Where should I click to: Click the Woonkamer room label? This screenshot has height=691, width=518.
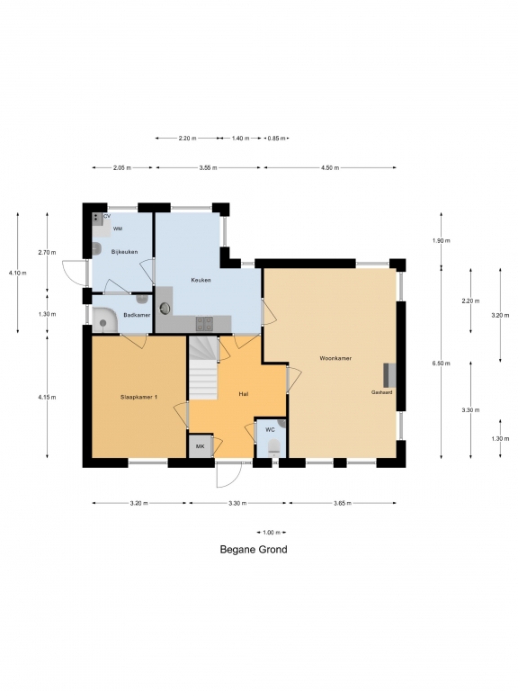point(335,358)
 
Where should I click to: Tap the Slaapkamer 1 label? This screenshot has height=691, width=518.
point(138,397)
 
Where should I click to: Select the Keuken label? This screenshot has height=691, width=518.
point(201,280)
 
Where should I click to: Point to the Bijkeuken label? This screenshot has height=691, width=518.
point(124,252)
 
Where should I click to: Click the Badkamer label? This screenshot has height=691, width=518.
point(137,315)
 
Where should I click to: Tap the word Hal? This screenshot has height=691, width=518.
point(243,393)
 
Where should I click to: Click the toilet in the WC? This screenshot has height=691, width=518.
point(274,447)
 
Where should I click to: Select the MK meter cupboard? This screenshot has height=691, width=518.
point(200,446)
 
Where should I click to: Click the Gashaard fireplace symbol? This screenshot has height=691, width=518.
point(389,375)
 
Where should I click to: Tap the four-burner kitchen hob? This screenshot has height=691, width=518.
point(204,324)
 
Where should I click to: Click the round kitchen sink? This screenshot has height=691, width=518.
point(165,308)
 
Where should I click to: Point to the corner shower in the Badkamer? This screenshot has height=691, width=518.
point(105,319)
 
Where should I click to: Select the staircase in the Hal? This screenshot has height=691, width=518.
point(203,367)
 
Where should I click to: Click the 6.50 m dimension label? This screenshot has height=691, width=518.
point(442,363)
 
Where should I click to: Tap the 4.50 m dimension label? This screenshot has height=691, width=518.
point(330,167)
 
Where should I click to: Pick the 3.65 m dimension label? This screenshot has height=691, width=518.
point(343,503)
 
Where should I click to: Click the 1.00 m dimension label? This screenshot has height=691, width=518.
point(272,533)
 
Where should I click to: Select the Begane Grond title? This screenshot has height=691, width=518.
point(254,550)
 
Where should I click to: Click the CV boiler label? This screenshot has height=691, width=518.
point(107,216)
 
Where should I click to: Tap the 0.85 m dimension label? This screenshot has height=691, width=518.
point(276,138)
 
